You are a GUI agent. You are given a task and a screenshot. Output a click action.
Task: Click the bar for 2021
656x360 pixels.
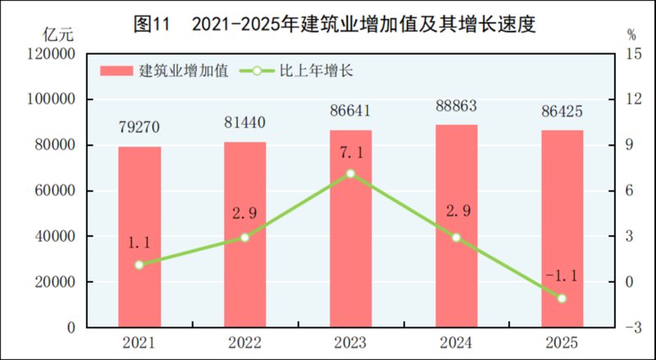139,237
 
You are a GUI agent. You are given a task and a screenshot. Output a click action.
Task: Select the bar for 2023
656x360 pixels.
351,229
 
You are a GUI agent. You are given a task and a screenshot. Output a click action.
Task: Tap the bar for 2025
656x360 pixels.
562,229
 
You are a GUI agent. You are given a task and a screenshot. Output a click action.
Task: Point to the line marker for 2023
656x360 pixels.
351,174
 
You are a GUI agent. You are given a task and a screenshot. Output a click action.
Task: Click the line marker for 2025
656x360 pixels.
562,298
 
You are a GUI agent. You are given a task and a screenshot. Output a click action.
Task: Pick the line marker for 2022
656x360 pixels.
244,237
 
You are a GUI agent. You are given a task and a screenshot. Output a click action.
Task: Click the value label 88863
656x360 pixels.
456,108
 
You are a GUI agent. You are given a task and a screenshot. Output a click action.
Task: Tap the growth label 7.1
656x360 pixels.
351,153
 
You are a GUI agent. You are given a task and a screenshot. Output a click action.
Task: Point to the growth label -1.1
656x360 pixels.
562,276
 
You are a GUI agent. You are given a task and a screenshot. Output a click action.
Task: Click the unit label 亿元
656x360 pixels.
57,34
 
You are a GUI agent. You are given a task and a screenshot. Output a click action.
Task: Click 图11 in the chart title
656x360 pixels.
151,25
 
